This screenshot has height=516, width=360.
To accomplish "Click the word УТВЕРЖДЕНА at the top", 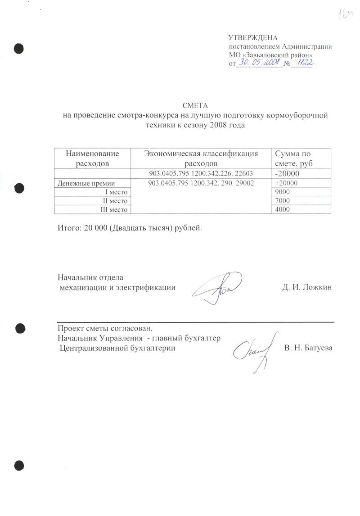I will [x=253, y=37].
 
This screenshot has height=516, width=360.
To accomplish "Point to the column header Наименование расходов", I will [x=93, y=158].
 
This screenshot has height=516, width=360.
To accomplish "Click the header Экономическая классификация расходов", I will [x=201, y=158].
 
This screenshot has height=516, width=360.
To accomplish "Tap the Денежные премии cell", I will [x=85, y=183].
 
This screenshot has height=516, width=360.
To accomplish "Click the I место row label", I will [x=116, y=192].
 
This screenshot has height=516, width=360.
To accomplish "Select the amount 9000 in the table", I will [x=281, y=192].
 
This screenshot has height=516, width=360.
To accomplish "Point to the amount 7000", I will [x=281, y=200].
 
